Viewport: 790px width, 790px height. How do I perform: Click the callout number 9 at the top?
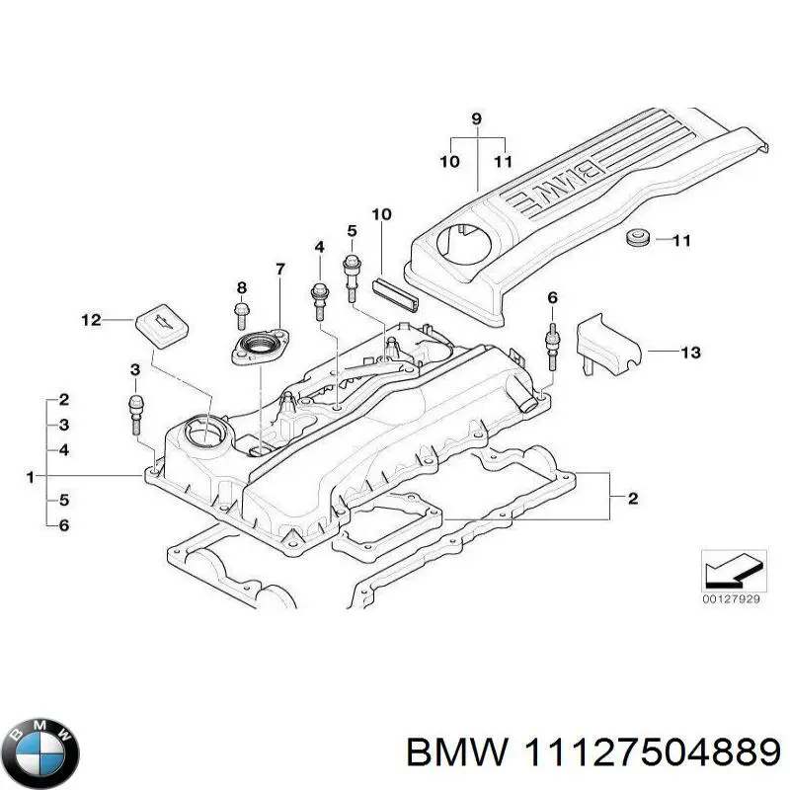tap(476, 119)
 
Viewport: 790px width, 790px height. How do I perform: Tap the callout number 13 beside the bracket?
tap(690, 351)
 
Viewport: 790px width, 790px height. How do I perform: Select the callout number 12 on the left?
tap(91, 319)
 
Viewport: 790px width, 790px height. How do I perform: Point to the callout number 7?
tap(279, 269)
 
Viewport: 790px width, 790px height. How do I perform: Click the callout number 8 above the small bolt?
tap(240, 287)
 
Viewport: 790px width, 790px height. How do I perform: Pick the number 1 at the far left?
tap(31, 478)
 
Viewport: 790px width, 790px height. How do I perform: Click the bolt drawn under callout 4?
tap(320, 298)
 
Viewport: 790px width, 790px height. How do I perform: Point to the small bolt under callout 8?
tap(241, 314)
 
